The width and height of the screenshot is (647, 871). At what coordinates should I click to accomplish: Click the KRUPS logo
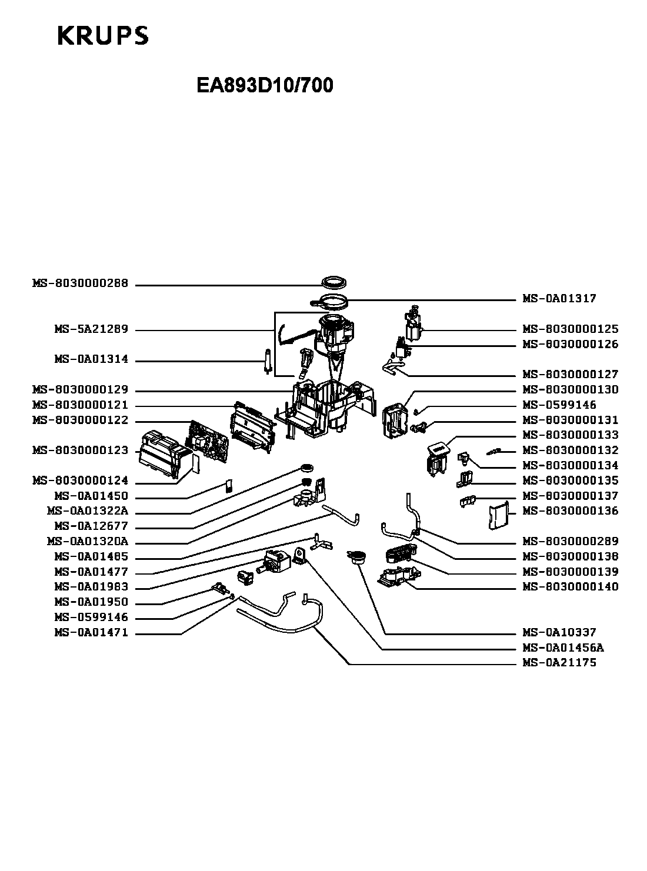coord(103,35)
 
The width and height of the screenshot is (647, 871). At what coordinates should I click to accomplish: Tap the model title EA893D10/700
coord(265,86)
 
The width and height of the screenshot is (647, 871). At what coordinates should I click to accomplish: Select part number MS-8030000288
coord(80,283)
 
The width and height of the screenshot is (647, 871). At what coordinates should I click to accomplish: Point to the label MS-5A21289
coord(91,329)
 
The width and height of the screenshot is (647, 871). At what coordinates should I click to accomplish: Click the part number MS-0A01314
coord(91,360)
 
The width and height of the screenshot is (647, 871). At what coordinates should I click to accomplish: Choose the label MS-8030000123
coord(80,450)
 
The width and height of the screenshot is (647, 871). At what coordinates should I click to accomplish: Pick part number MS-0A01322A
coord(88,511)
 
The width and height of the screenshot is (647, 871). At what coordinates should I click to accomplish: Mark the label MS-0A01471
coord(91,633)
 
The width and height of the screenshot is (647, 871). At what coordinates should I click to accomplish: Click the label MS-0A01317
coord(559,299)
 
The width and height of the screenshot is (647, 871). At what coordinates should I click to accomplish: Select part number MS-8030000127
coord(571,375)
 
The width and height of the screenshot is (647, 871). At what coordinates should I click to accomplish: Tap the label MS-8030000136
coord(571,511)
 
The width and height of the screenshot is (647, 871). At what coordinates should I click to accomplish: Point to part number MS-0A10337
coord(559,633)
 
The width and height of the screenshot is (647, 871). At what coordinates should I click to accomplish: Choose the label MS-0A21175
coord(559,663)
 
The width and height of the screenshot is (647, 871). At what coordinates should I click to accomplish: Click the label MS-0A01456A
coord(563,648)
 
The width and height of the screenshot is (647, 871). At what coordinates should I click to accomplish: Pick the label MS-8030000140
coord(571,587)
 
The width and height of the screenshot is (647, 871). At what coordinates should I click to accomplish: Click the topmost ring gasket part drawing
coord(333,282)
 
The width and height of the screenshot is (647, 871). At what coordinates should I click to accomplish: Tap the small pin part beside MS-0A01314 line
coord(268,361)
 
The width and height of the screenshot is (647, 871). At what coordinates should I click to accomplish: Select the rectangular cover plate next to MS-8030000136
coord(498,516)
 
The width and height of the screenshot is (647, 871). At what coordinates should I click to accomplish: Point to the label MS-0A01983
coord(91,587)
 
